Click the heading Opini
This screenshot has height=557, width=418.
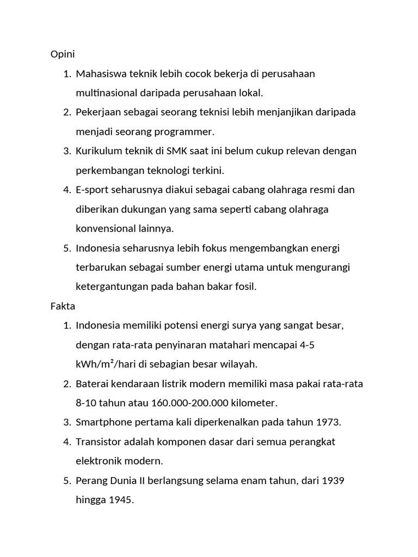click(62, 54)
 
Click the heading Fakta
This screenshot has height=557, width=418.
click(63, 306)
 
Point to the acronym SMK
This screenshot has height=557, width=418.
click(178, 151)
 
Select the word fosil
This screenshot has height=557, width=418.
click(243, 287)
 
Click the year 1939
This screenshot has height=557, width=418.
click(334, 481)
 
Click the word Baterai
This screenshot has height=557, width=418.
click(92, 383)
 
